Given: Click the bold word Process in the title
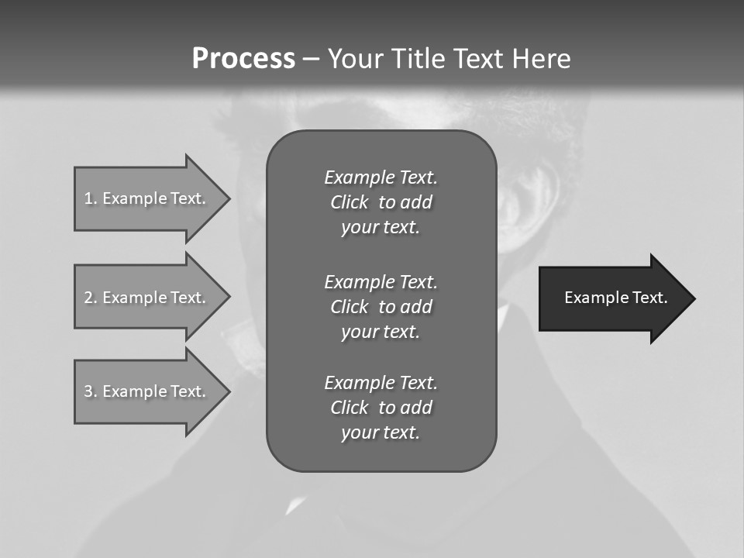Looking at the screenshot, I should point(243,59).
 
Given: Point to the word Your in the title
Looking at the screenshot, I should point(356,59).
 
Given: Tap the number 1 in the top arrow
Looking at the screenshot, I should point(88,198).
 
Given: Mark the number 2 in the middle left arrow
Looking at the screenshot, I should point(88,298).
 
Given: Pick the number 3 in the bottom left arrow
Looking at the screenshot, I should point(88,391).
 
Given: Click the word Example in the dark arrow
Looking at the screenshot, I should point(592,298).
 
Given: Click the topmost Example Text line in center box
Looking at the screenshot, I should point(381,177).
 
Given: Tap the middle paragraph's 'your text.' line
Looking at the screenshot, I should point(381,332).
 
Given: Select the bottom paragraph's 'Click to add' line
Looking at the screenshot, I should point(381,408).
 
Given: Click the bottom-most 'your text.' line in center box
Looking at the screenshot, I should point(381,432).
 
